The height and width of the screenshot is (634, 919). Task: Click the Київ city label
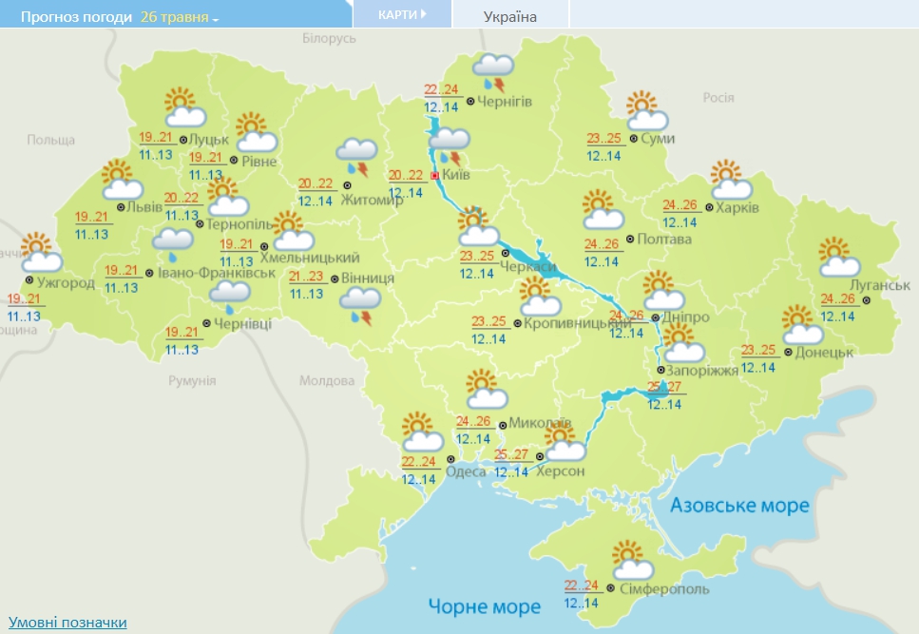click(x=456, y=176)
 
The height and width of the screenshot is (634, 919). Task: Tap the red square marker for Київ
click(x=435, y=176)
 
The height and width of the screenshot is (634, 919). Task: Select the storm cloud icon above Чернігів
click(x=494, y=69)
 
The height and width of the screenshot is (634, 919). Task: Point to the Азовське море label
click(x=739, y=505)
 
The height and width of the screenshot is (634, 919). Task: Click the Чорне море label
click(x=484, y=605)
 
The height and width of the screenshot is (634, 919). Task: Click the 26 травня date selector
click(x=179, y=17)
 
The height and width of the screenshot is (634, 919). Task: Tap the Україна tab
click(x=510, y=16)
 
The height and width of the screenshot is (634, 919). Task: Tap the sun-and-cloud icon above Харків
click(x=732, y=182)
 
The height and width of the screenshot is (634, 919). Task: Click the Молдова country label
click(x=326, y=380)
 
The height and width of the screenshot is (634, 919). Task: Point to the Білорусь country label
click(x=329, y=38)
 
